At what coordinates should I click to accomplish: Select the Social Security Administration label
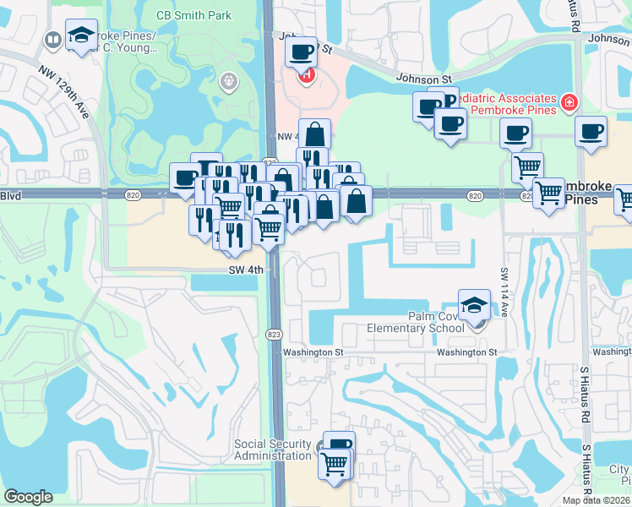pyautogui.click(x=273, y=450)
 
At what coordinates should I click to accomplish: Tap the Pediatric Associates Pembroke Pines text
pyautogui.click(x=508, y=104)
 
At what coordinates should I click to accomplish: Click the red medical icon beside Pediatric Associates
pyautogui.click(x=569, y=103)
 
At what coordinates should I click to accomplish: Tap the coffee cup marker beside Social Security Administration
pyautogui.click(x=339, y=446)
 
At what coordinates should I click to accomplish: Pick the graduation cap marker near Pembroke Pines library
pyautogui.click(x=81, y=35)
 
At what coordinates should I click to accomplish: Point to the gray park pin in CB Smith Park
pyautogui.click(x=226, y=81)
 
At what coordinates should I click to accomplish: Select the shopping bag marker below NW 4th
pyautogui.click(x=314, y=134)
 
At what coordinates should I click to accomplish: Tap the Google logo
pyautogui.click(x=28, y=497)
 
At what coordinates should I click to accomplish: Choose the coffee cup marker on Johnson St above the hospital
pyautogui.click(x=301, y=52)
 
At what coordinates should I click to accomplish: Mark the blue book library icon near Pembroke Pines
pyautogui.click(x=52, y=39)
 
